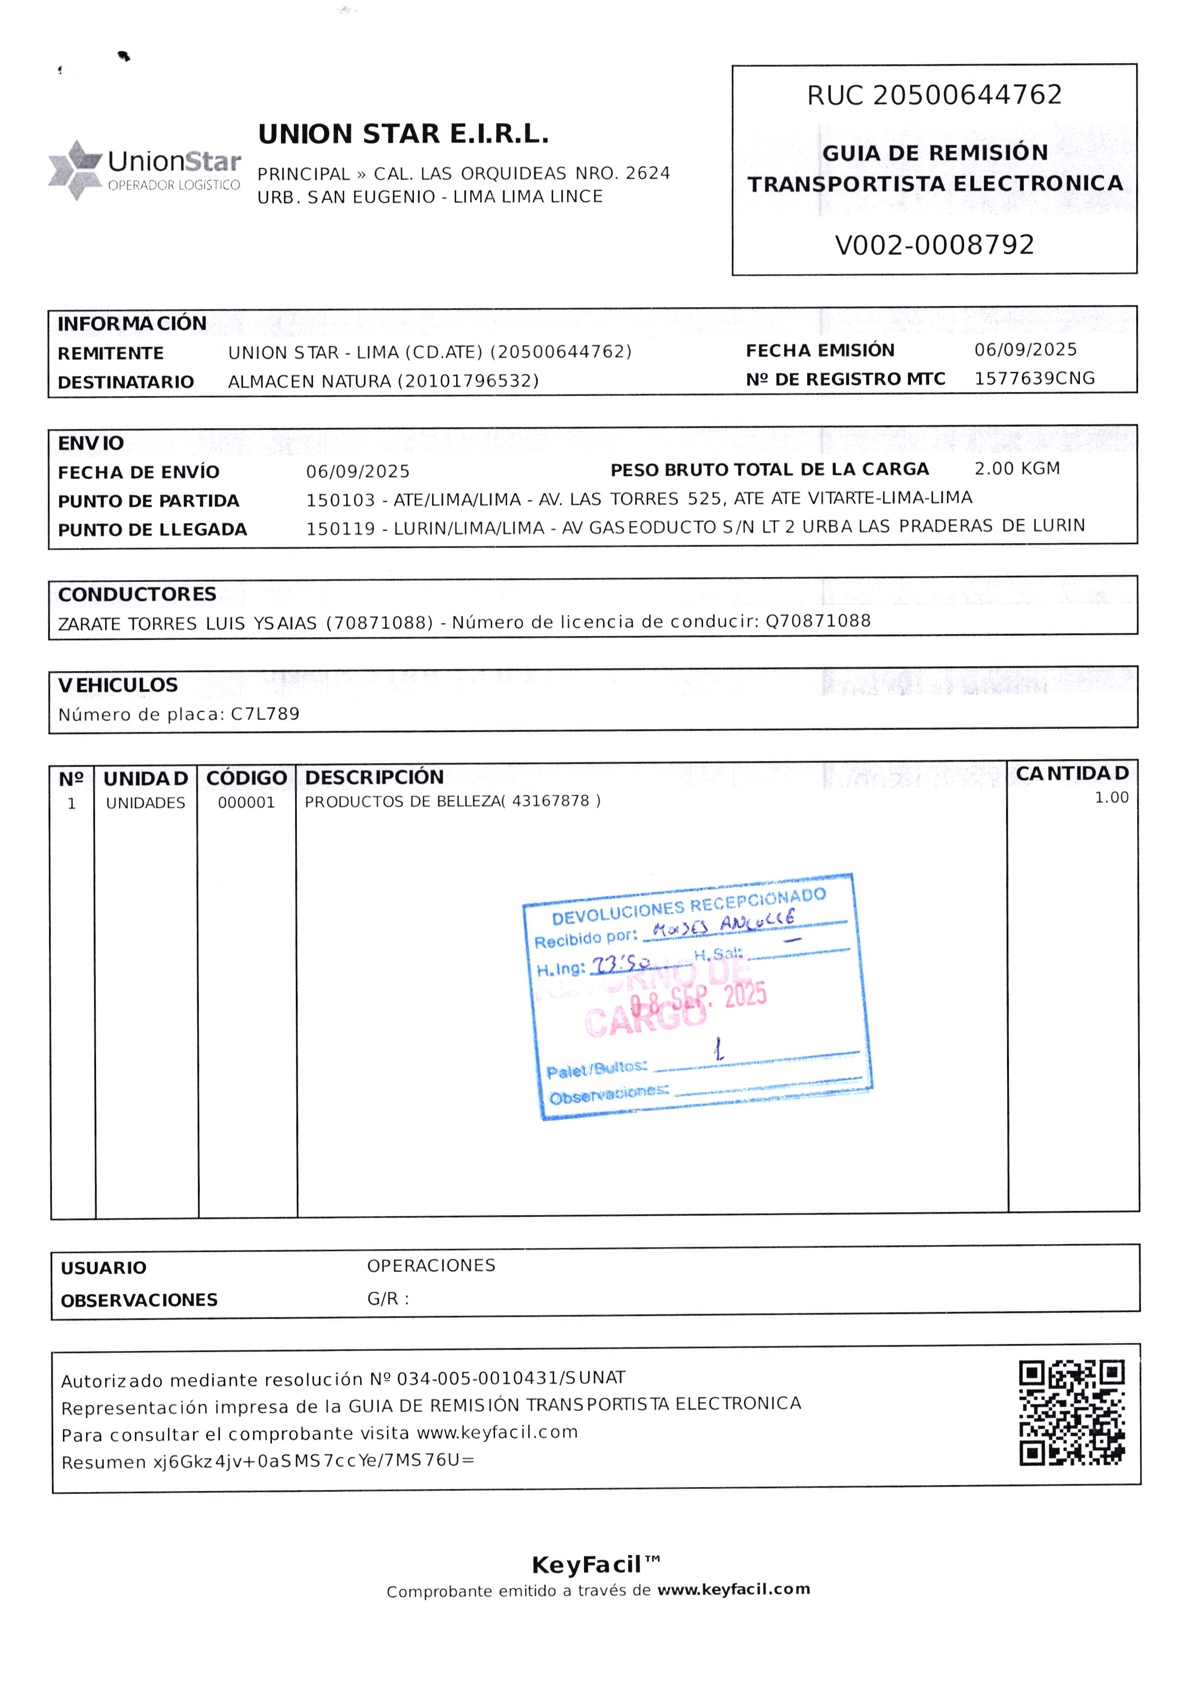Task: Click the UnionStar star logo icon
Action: coord(75,170)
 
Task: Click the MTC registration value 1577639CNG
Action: coord(1034,379)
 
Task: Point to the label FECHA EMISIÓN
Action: coord(819,351)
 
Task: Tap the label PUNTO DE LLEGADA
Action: coord(152,530)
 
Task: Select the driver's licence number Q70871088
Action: coord(817,621)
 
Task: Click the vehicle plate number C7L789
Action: coord(265,714)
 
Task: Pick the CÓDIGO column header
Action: coord(246,778)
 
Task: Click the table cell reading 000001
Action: coord(246,803)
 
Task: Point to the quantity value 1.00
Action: coord(1111,798)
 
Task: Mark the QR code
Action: coord(1071,1413)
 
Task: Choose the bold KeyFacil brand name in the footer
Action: coord(586,1565)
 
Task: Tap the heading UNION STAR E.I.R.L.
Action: coord(403,135)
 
